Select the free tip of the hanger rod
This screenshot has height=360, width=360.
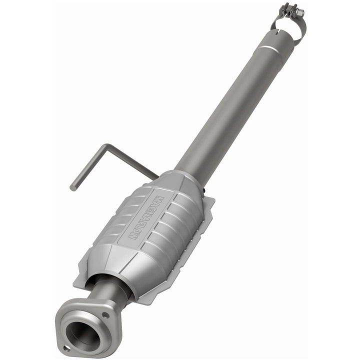point(73,188)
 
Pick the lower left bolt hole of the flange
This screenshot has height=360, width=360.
point(66,348)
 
